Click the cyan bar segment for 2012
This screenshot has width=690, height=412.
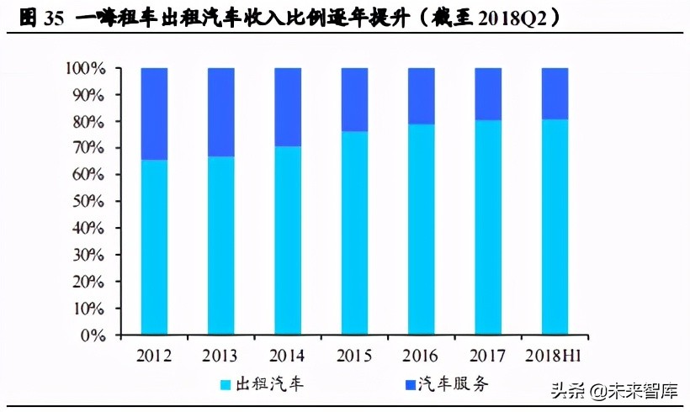pos(154,247)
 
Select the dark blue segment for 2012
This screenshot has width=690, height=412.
pos(154,114)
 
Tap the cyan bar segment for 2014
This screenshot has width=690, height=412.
pos(288,240)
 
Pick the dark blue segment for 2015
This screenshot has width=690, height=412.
pos(354,99)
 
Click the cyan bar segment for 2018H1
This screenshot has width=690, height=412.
pos(555,227)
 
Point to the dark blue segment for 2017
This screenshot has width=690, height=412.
pos(488,93)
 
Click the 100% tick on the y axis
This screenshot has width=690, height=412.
pos(87,68)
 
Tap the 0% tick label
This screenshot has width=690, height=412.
pos(95,335)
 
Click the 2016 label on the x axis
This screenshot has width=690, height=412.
pos(421,355)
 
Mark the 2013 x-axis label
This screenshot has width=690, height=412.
pos(221,355)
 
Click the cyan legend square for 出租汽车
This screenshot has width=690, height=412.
pos(226,385)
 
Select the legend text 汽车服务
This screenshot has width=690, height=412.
pos(459,385)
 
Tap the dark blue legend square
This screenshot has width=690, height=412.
pos(412,385)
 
